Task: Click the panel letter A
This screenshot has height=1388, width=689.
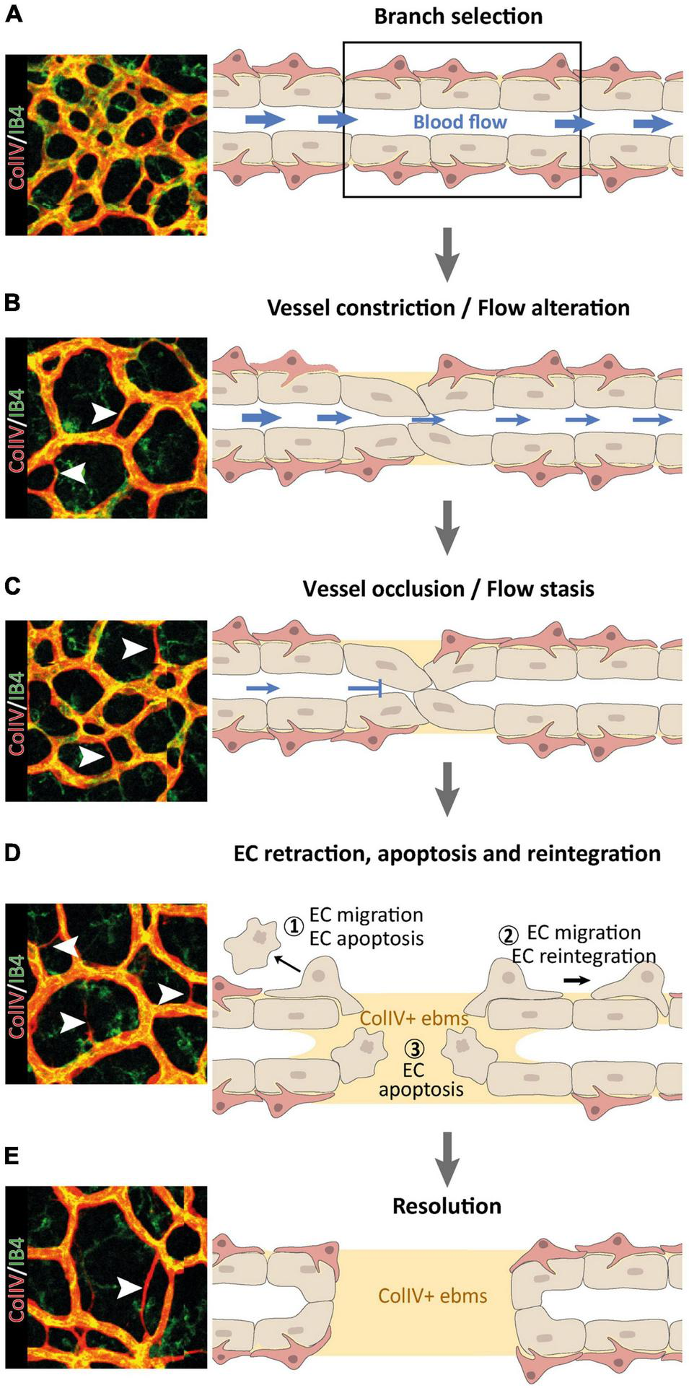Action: [x=13, y=14]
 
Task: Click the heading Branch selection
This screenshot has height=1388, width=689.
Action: [x=457, y=17]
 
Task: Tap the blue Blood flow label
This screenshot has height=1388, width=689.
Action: [x=460, y=122]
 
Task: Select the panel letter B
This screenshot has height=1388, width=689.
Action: [x=12, y=302]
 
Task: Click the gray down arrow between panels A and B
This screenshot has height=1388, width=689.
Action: [x=447, y=254]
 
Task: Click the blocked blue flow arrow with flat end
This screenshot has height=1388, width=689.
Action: [x=365, y=689]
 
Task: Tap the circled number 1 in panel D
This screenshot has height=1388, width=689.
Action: [x=293, y=926]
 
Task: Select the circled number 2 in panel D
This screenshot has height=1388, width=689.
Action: [x=509, y=935]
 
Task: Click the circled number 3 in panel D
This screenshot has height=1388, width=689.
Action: [x=413, y=1048]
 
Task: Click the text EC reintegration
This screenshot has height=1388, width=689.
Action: [x=584, y=956]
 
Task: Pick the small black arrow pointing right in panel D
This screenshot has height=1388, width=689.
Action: [x=576, y=980]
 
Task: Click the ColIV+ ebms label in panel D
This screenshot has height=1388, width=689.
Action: [x=414, y=1018]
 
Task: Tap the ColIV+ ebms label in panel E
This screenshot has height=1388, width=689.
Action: [x=432, y=1295]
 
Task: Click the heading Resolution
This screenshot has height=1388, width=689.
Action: [x=447, y=1206]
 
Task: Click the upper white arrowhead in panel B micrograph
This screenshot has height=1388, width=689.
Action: [x=102, y=413]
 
